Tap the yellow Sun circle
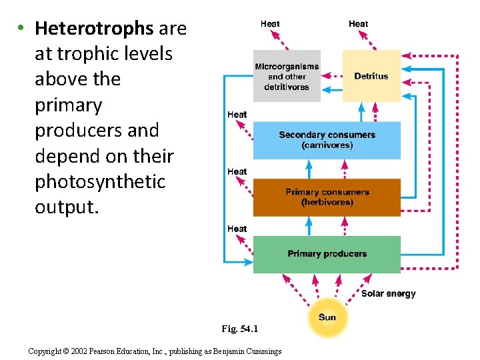click(327, 317)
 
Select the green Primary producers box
click(327, 254)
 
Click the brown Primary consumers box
click(327, 197)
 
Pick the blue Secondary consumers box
click(327, 140)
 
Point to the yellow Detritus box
click(371, 76)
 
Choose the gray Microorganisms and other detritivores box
click(287, 76)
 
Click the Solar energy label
click(388, 293)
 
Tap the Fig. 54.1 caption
click(239, 329)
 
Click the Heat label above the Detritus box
click(358, 24)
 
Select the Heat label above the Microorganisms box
click(270, 24)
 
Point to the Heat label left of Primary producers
click(237, 229)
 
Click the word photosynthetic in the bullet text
click(99, 181)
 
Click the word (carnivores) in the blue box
click(327, 145)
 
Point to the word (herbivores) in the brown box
click(327, 203)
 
